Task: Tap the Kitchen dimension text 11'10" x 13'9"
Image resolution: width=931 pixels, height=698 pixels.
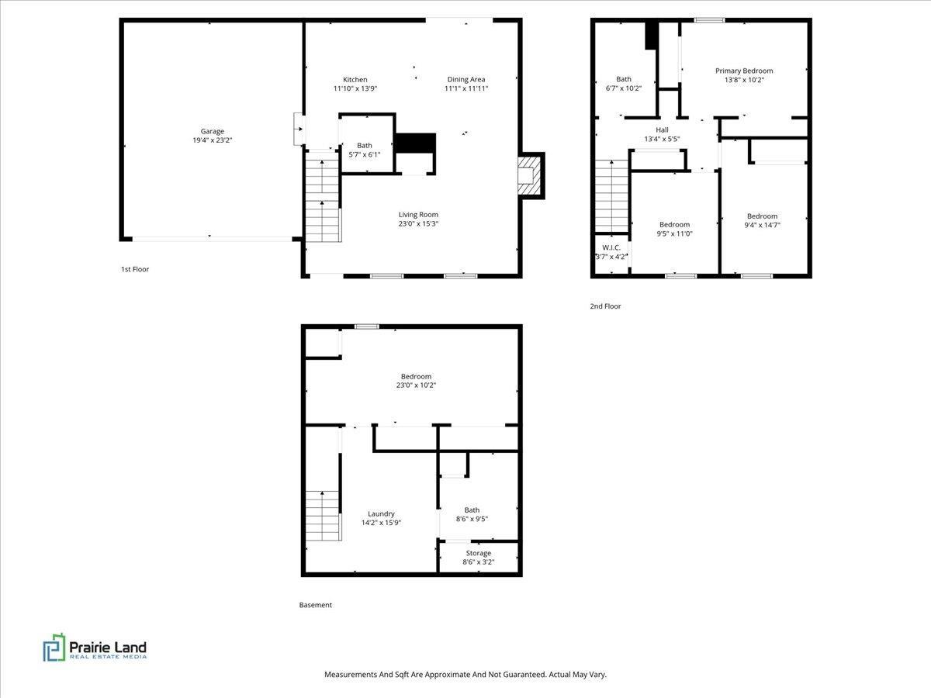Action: point(355,88)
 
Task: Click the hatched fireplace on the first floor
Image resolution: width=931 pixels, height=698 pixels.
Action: point(531,175)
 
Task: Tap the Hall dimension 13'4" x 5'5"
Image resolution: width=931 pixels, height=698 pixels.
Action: point(662,139)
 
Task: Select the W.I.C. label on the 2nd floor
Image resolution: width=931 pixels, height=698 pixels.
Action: point(611,247)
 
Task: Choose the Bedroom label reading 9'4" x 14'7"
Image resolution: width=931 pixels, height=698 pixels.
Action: point(762,220)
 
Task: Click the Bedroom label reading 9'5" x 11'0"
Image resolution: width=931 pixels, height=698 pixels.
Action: point(674,229)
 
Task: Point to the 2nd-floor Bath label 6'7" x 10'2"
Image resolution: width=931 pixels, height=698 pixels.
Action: point(624,84)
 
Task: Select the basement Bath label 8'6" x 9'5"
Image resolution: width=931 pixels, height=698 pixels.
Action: point(472,514)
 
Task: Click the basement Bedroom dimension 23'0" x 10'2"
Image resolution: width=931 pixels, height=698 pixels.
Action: point(416,385)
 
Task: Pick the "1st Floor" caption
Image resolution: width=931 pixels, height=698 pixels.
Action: point(135,269)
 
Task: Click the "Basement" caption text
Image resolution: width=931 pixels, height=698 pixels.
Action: point(315,605)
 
